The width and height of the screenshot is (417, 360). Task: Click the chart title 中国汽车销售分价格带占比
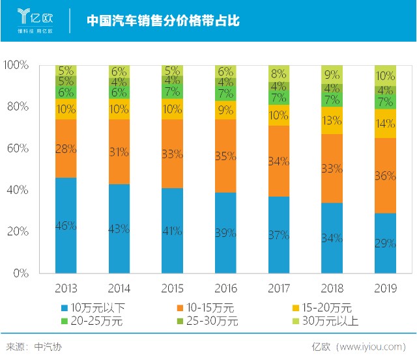click(x=163, y=21)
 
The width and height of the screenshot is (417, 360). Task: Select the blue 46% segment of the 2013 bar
click(x=66, y=225)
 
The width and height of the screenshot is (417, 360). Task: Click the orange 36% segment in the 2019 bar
click(x=385, y=175)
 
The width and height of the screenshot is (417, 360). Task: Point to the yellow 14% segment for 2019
click(x=385, y=123)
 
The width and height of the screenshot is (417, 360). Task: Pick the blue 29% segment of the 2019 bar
click(x=385, y=243)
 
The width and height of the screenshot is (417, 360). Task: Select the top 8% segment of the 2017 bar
click(x=279, y=74)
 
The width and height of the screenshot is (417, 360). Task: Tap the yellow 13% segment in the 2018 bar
click(x=332, y=120)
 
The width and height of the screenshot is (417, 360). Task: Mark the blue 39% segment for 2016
click(x=225, y=232)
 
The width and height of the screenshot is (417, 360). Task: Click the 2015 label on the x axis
click(x=172, y=286)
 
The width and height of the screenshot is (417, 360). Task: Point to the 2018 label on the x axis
click(x=332, y=286)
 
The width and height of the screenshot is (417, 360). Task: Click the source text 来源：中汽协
click(x=33, y=347)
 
